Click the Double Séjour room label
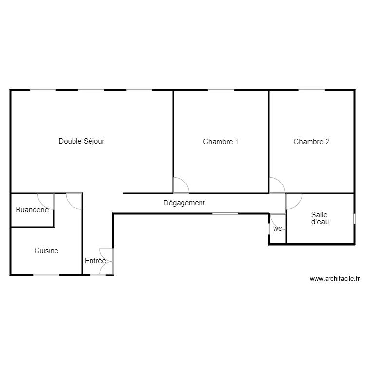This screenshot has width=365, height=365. point(82,141)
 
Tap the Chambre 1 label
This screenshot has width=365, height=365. point(221,142)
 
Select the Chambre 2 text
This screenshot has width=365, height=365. point(311,142)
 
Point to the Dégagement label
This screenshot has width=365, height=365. point(184,203)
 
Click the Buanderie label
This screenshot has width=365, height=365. point(32,210)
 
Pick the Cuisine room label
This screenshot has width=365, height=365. point(46,251)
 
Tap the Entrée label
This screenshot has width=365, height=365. point(95,261)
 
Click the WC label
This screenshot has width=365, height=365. point(277,228)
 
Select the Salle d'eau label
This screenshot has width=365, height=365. point(319,218)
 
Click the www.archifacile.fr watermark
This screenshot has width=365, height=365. point(334,279)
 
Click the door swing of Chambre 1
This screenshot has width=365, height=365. point(181,185)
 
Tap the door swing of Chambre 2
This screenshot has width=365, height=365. point(277,185)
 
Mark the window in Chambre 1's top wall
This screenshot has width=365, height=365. point(221,90)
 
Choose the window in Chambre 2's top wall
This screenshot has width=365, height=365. point(311,90)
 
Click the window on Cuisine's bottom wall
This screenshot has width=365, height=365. point(46,275)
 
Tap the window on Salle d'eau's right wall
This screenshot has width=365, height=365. point(354,219)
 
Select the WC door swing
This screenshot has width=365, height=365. point(277,220)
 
